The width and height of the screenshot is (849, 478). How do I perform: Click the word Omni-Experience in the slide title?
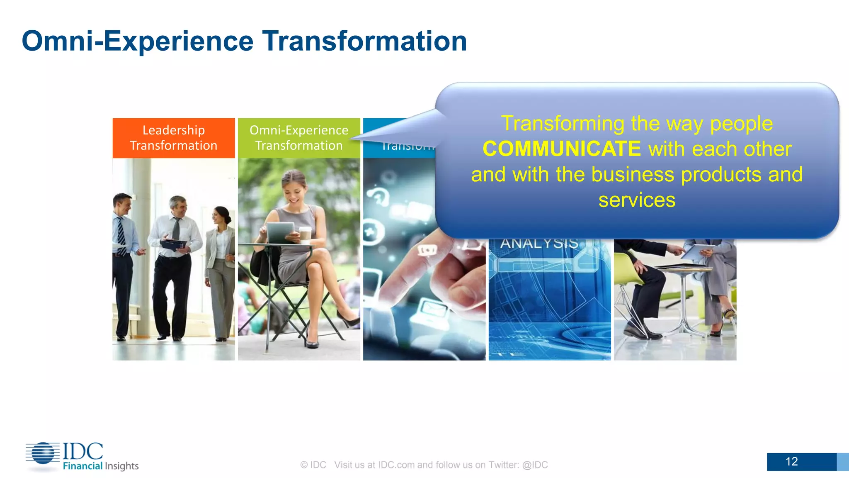[137, 41]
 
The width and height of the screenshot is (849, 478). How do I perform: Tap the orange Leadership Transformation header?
[173, 138]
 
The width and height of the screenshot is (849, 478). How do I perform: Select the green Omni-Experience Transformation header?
[298, 138]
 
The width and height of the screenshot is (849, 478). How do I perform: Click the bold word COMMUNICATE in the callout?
[562, 149]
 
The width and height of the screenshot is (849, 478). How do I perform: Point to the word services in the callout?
[637, 200]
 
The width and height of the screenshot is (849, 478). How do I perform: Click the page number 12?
[791, 461]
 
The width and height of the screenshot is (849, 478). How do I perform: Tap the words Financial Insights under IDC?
[101, 466]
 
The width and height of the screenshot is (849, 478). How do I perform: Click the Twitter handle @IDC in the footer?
[535, 465]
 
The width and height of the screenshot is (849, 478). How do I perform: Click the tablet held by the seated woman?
[280, 232]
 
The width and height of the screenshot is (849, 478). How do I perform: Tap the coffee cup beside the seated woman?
[306, 235]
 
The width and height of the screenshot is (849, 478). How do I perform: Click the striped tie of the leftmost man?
[121, 237]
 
